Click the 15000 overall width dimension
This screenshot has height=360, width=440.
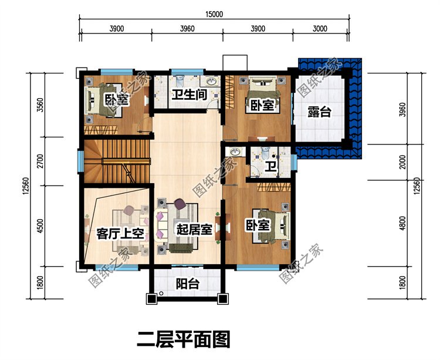click(214, 14)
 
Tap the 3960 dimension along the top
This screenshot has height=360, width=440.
click(187, 29)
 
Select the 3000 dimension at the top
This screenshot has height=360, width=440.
click(320, 29)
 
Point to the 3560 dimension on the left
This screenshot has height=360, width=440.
click(40, 105)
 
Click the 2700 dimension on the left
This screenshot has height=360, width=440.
click(40, 161)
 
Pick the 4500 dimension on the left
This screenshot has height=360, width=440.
click(40, 226)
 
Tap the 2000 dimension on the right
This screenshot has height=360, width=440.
click(402, 162)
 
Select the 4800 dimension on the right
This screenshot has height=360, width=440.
click(402, 223)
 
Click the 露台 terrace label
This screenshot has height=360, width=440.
click(319, 112)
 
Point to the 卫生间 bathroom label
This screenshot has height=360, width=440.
click(189, 95)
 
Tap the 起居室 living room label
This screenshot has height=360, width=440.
click(194, 230)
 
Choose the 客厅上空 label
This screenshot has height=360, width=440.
click(120, 233)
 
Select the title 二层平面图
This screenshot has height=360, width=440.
click(184, 339)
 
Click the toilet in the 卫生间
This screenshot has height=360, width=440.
click(178, 80)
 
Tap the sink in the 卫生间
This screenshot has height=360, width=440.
click(211, 82)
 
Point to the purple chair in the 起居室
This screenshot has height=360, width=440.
click(180, 204)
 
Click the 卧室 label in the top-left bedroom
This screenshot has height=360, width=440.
click(117, 99)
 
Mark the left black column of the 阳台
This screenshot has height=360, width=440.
click(151, 299)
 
